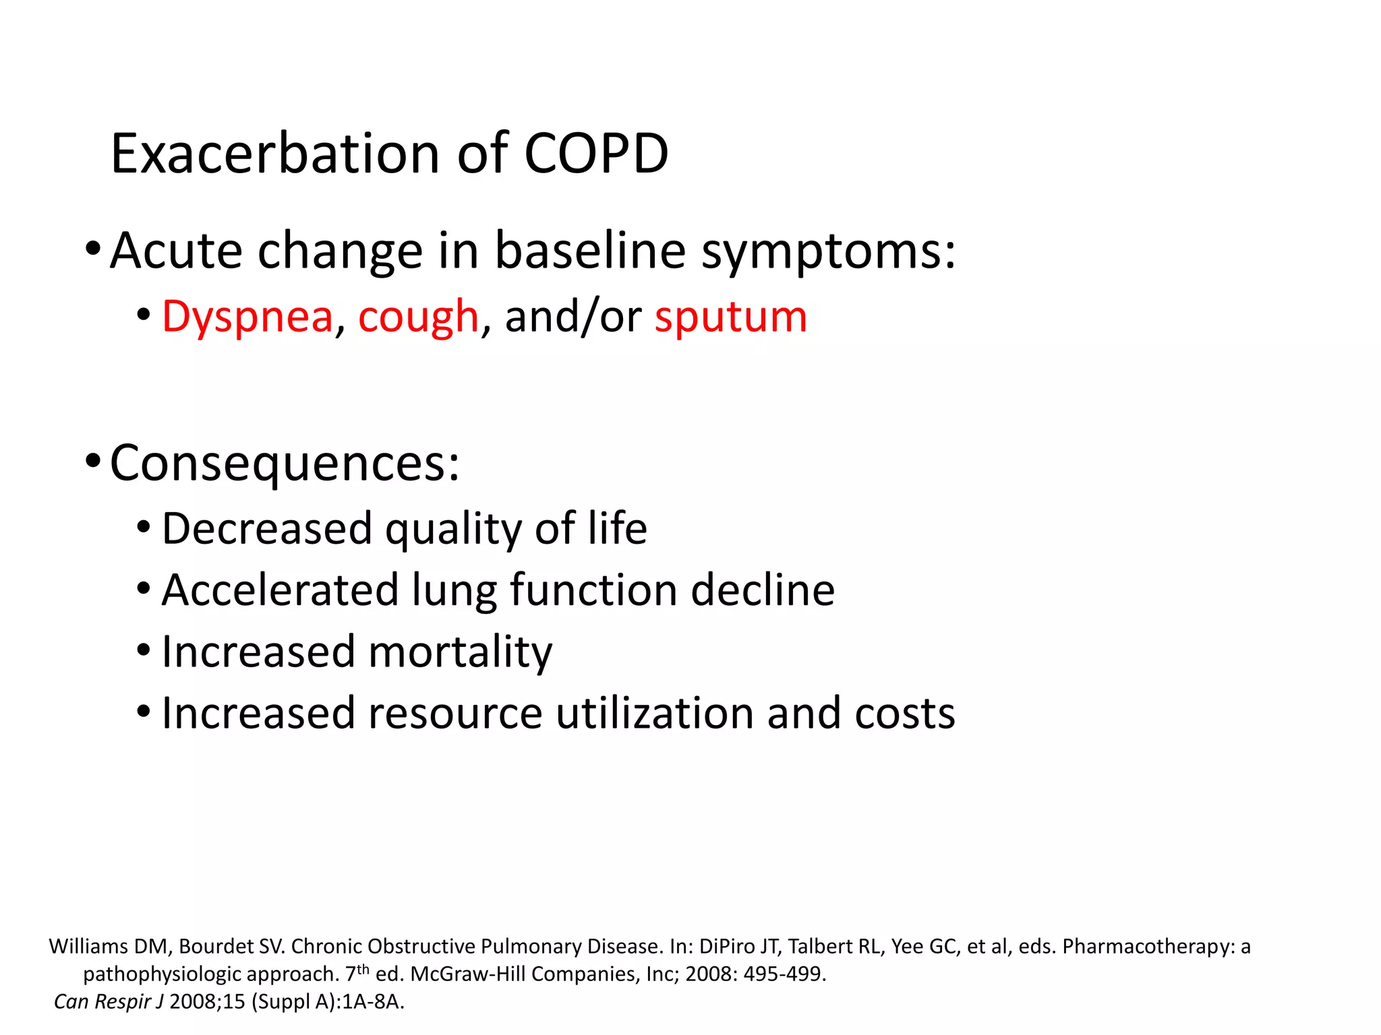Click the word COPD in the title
click(x=596, y=154)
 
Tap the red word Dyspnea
click(x=247, y=317)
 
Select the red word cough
click(x=418, y=317)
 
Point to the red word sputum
click(x=730, y=317)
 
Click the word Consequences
click(x=284, y=463)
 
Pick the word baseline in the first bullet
click(x=590, y=251)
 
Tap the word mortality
click(x=461, y=652)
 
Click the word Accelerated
click(x=281, y=590)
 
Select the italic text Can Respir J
click(x=109, y=1002)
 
